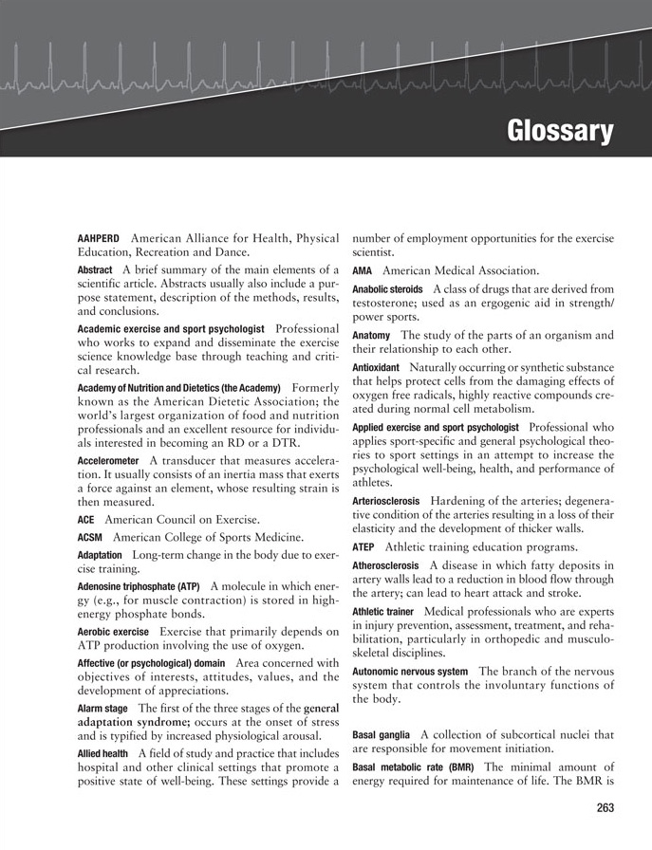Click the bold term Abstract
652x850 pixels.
tap(94, 270)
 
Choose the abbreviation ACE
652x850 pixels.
tap(86, 520)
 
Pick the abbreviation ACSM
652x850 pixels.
tap(90, 537)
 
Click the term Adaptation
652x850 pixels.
tap(100, 554)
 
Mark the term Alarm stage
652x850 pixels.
tap(103, 709)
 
